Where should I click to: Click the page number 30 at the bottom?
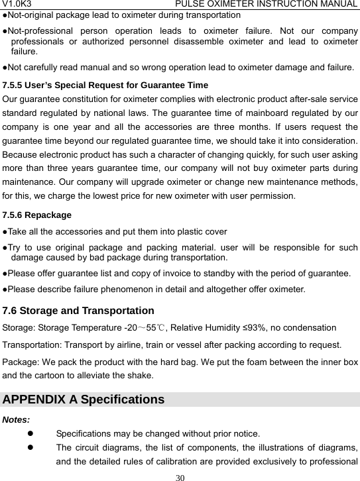click(180, 476)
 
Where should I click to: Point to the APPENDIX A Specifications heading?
click(84, 400)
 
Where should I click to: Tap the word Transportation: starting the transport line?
click(33, 345)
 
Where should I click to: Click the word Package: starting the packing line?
click(23, 362)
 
